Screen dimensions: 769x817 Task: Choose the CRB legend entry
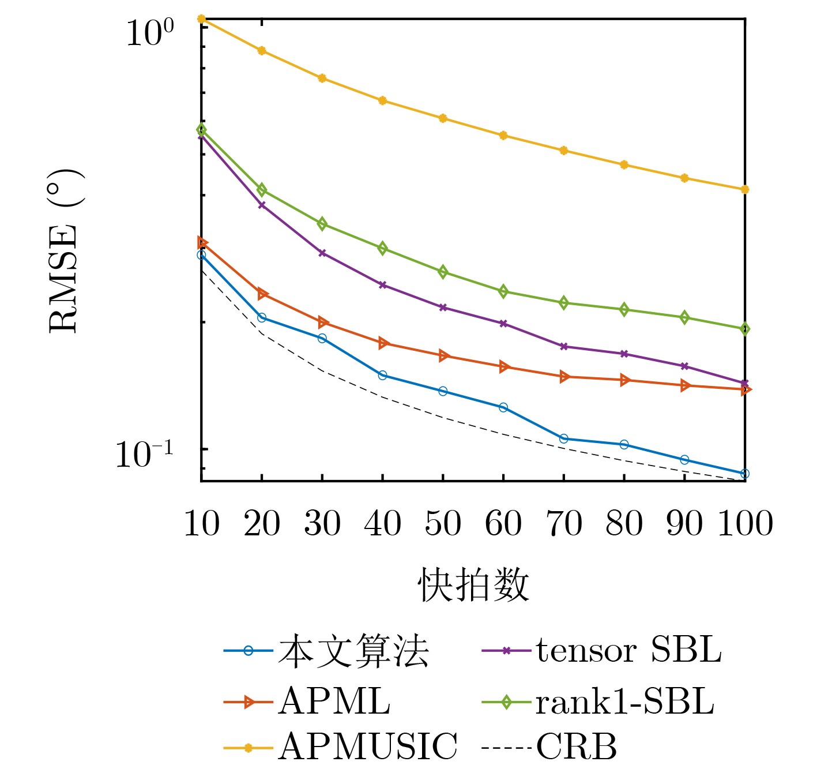coord(576,747)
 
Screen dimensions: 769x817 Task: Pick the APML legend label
coord(334,702)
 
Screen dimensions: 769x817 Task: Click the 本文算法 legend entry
coord(353,651)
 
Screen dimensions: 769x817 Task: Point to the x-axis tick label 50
coord(443,524)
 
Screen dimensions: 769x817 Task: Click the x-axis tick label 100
coord(744,524)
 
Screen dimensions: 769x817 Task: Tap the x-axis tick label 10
coord(201,524)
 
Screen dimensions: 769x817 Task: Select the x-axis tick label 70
coord(563,524)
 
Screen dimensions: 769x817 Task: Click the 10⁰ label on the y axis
coord(149,33)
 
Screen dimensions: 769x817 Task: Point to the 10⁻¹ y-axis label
coord(144,455)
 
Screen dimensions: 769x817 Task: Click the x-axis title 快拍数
coord(473,585)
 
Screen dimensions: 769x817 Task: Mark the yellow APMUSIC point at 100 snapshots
coord(744,189)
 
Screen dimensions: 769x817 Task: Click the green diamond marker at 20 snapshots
coord(262,190)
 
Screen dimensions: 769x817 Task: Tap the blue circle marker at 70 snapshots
coord(563,439)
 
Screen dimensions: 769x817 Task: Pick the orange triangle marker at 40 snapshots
coord(382,343)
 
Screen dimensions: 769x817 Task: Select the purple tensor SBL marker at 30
coord(322,253)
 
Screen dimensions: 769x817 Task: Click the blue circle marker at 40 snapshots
coord(382,376)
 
